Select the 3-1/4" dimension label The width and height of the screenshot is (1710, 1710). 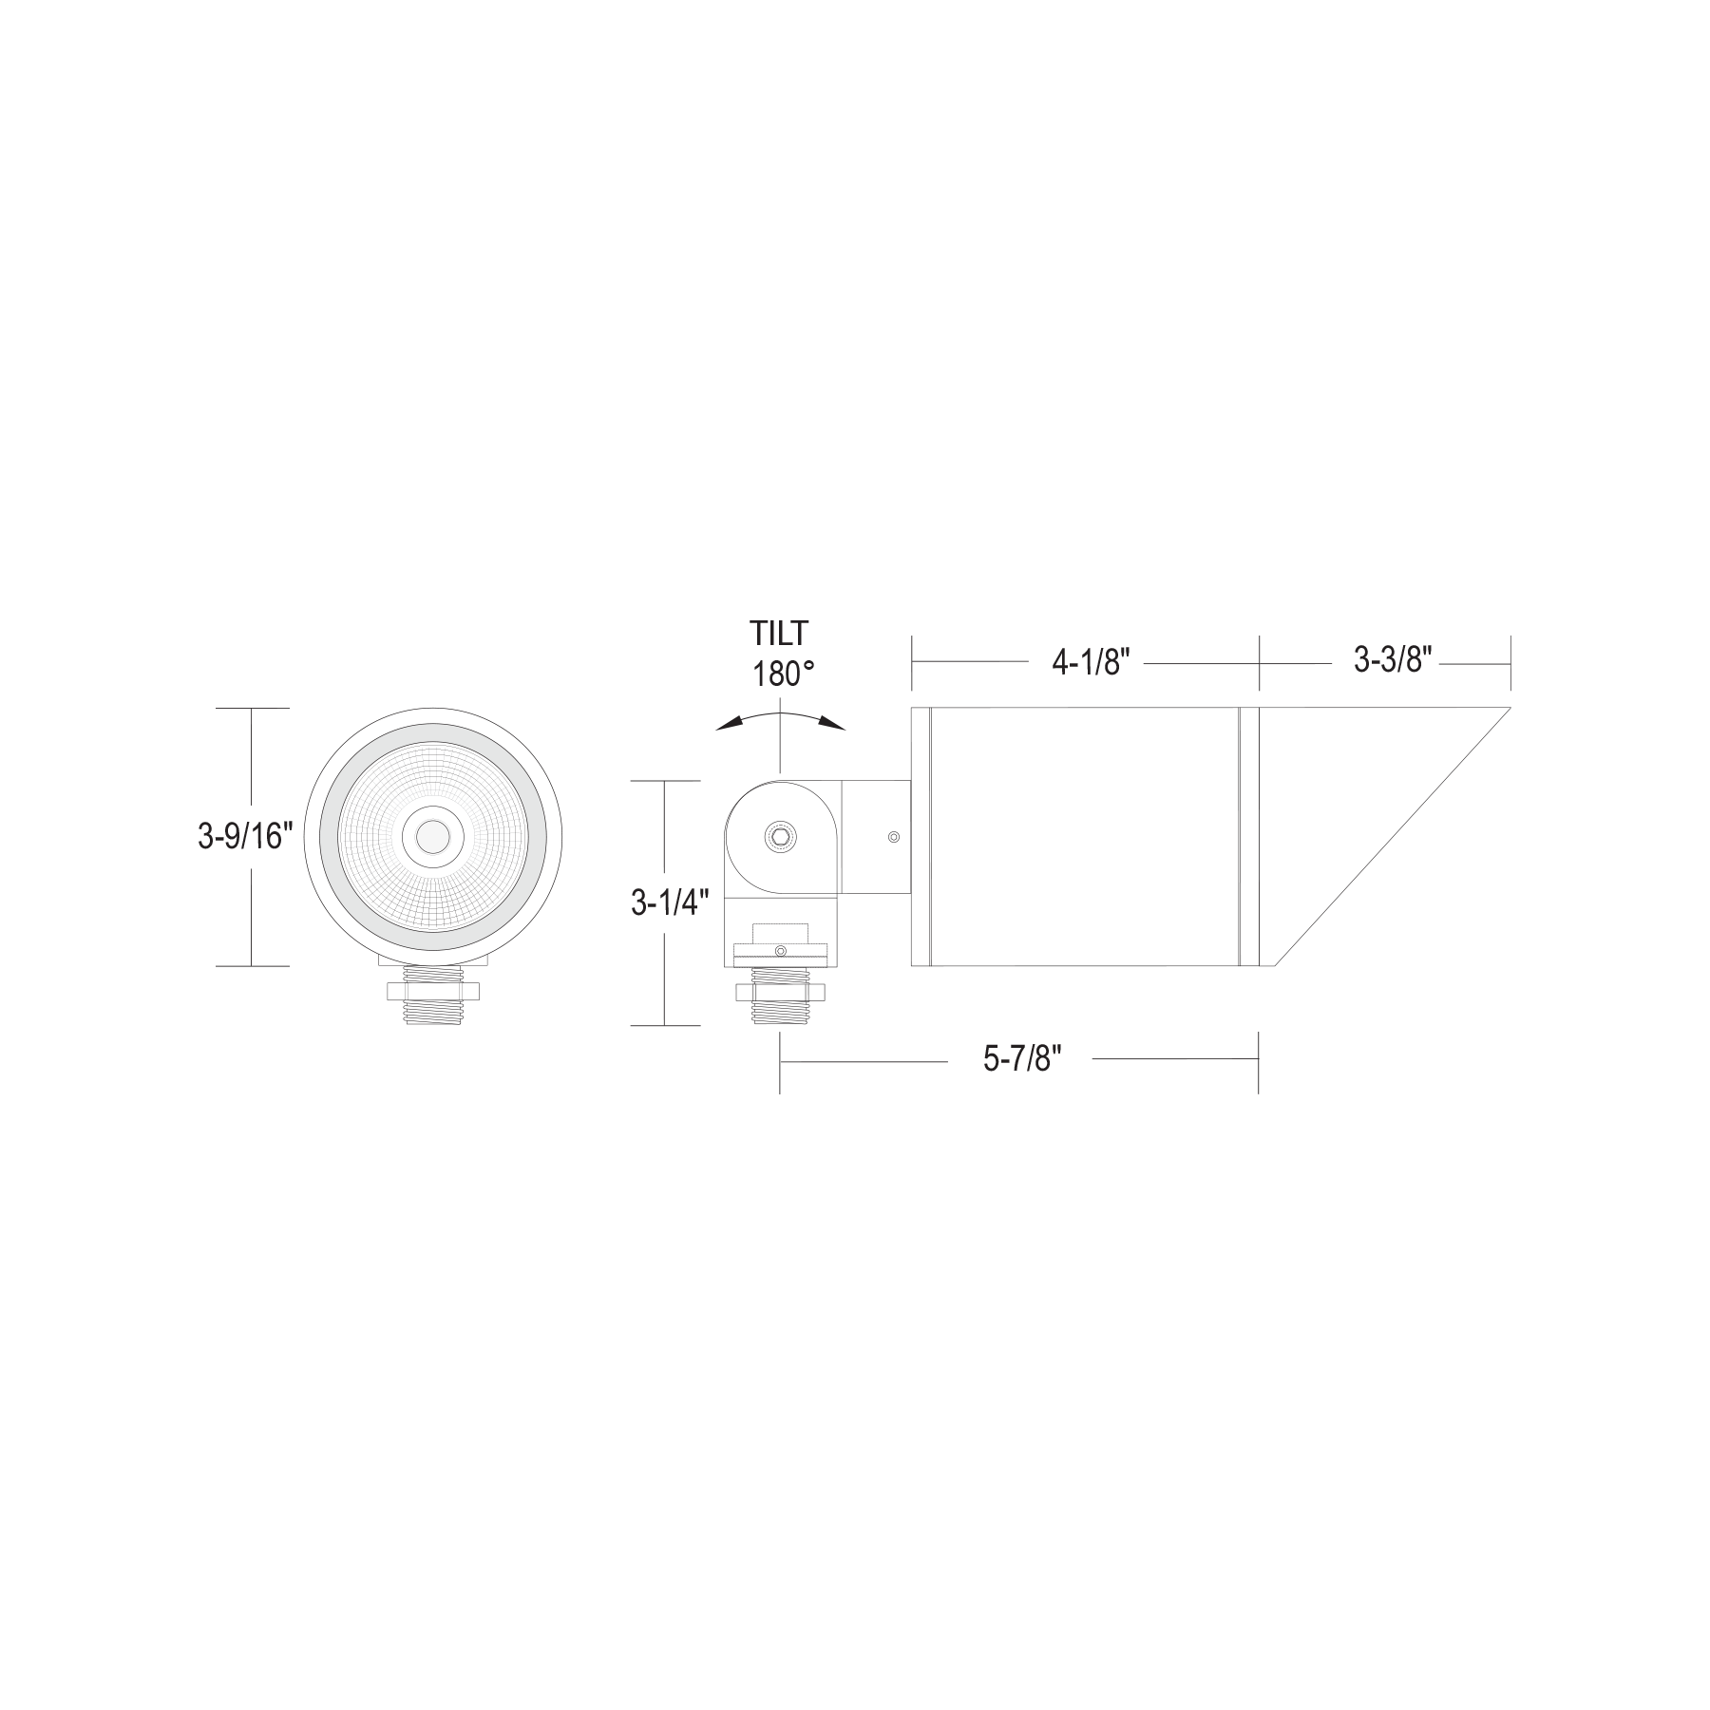[x=671, y=903]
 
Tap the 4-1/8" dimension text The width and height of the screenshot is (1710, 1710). [x=1090, y=663]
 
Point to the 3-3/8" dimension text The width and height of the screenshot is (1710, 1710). [x=1393, y=659]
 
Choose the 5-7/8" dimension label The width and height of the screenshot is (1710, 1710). [x=1022, y=1060]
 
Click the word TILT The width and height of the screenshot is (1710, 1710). [x=779, y=633]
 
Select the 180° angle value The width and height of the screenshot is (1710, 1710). [x=784, y=674]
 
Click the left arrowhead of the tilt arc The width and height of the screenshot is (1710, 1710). [x=730, y=724]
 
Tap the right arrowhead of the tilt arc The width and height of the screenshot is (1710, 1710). [x=831, y=724]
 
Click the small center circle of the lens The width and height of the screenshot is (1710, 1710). [x=432, y=837]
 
